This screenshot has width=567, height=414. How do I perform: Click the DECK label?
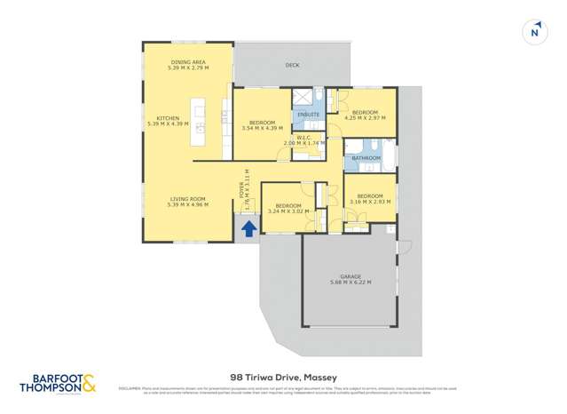pyautogui.click(x=292, y=65)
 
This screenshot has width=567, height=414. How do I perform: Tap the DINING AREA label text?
pyautogui.click(x=187, y=61)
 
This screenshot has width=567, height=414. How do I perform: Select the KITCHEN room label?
pyautogui.click(x=169, y=118)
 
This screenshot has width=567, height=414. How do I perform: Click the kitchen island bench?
pyautogui.click(x=200, y=122)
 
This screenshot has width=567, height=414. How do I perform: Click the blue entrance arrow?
pyautogui.click(x=249, y=228)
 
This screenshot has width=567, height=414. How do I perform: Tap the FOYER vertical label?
pyautogui.click(x=240, y=191)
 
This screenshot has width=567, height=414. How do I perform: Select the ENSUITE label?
pyautogui.click(x=308, y=115)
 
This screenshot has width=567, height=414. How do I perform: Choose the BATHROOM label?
pyautogui.click(x=366, y=158)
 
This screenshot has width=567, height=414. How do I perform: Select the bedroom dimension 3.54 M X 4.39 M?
pyautogui.click(x=261, y=128)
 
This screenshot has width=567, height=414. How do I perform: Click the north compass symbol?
pyautogui.click(x=534, y=32)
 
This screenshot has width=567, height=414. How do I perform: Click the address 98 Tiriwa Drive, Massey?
pyautogui.click(x=283, y=377)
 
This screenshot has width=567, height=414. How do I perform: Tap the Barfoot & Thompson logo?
pyautogui.click(x=57, y=382)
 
